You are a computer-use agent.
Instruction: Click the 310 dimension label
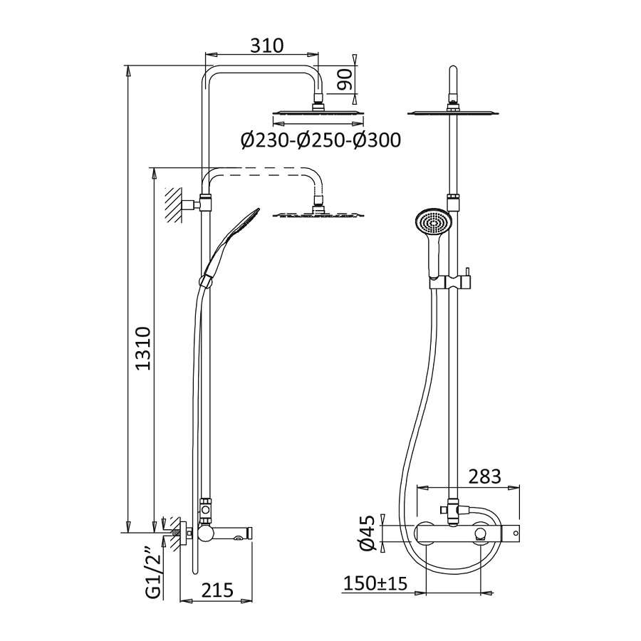pyautogui.click(x=266, y=46)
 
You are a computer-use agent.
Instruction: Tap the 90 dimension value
pyautogui.click(x=345, y=79)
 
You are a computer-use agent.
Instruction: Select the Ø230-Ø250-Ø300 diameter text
pyautogui.click(x=320, y=140)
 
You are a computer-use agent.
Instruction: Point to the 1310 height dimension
pyautogui.click(x=143, y=348)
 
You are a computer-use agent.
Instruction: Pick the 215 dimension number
pyautogui.click(x=217, y=590)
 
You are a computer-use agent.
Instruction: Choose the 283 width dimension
pyautogui.click(x=484, y=476)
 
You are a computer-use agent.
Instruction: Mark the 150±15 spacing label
pyautogui.click(x=375, y=583)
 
